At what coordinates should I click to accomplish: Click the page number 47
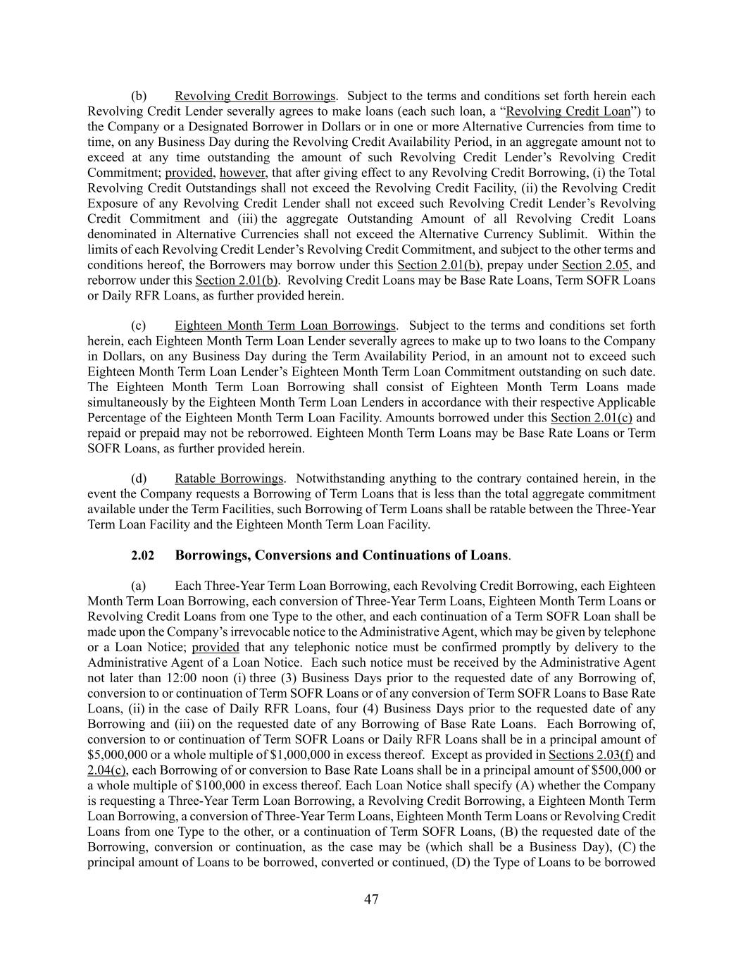tap(371, 899)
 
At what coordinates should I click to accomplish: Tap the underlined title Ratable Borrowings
tap(229, 479)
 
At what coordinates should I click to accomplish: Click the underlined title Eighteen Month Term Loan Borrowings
tap(285, 326)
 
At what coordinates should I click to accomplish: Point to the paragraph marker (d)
tap(139, 479)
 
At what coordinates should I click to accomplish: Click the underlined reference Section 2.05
tap(591, 265)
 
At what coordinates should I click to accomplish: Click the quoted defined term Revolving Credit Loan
tap(568, 111)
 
